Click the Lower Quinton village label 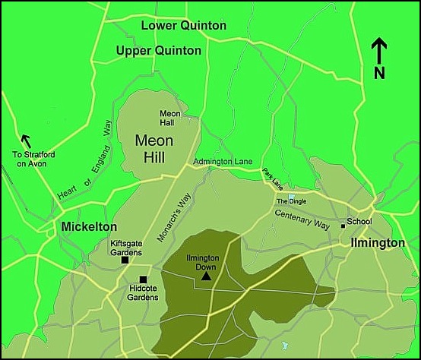point(184,26)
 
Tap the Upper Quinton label point(159,51)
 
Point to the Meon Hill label point(154,148)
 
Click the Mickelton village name point(90,227)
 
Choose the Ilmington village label point(378,243)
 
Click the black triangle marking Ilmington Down point(206,276)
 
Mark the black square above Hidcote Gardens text point(142,279)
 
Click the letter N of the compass point(379,73)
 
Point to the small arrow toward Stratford point(27,141)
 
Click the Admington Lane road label point(222,162)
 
